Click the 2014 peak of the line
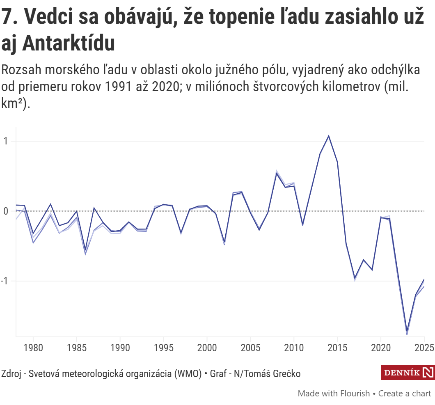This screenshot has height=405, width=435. click(x=328, y=136)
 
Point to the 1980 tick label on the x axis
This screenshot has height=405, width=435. click(x=33, y=348)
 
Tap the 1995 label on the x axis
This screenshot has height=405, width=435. click(x=163, y=348)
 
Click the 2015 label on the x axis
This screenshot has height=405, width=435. click(x=337, y=348)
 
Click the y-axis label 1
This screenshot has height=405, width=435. click(x=6, y=141)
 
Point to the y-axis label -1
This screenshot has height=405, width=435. click(x=5, y=281)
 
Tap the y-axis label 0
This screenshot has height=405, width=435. click(x=6, y=211)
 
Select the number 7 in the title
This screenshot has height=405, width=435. click(x=7, y=17)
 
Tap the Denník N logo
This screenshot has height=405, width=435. click(x=408, y=372)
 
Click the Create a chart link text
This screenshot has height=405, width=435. click(x=405, y=394)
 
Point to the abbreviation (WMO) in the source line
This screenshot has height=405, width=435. click(x=188, y=374)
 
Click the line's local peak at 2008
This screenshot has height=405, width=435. click(x=277, y=173)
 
